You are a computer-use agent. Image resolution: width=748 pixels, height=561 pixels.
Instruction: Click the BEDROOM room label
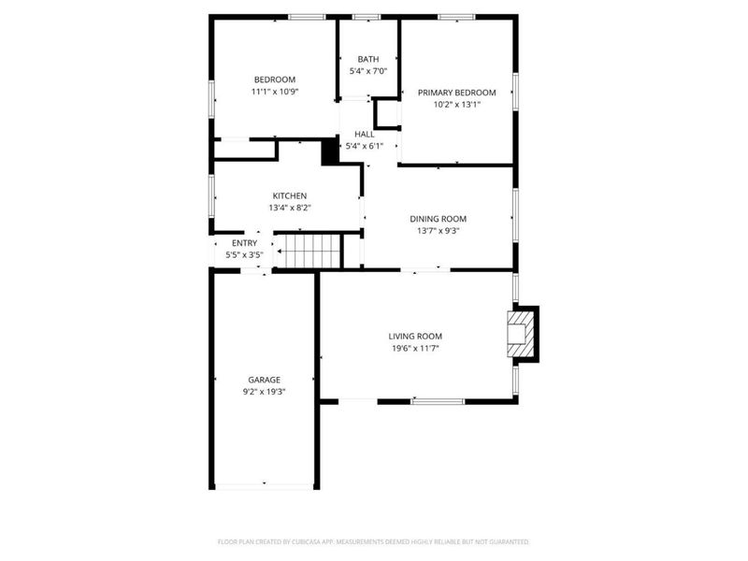tap(274, 79)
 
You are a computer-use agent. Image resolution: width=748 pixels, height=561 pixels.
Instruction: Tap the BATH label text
tap(368, 59)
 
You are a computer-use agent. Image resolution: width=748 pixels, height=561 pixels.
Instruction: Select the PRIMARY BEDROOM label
tap(456, 93)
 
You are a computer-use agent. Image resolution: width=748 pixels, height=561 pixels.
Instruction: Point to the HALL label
tap(364, 134)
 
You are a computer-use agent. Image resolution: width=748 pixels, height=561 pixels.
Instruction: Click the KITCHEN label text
tap(290, 196)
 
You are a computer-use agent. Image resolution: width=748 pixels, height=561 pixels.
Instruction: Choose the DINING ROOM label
tap(438, 219)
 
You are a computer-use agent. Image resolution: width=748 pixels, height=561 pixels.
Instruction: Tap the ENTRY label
tap(244, 243)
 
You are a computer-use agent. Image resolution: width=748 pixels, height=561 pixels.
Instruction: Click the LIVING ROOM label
tap(415, 337)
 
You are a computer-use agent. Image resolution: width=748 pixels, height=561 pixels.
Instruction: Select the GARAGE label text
tap(264, 380)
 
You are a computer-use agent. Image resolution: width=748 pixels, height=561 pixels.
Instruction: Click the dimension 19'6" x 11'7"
tap(415, 348)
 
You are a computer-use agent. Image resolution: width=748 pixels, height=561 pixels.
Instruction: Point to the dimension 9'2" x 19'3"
tap(264, 392)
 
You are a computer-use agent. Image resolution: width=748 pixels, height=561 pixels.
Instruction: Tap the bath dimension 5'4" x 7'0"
tap(368, 71)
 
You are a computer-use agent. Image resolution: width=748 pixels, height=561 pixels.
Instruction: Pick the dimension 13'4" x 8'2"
tap(290, 208)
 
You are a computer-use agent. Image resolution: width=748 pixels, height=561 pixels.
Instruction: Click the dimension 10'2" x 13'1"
tap(456, 105)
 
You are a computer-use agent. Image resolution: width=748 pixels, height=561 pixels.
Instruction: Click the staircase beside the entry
tap(309, 251)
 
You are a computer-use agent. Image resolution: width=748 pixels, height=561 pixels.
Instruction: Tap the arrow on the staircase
tap(285, 251)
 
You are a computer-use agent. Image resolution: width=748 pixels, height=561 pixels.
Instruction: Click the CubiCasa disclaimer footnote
tap(373, 542)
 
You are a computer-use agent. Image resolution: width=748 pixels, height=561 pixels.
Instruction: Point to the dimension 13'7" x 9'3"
tap(438, 231)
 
